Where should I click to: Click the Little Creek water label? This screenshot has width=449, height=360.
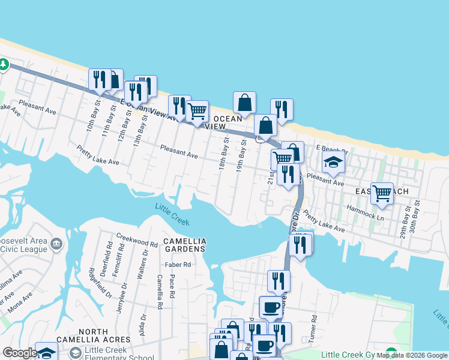(x=172, y=214)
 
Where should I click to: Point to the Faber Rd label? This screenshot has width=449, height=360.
(x=178, y=264)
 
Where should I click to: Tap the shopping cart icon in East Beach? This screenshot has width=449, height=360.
(x=382, y=193)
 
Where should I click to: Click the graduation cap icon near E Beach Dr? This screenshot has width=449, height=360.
(x=333, y=162)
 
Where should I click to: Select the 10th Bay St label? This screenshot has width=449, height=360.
(x=91, y=121)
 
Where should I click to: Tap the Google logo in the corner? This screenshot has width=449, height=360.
(x=19, y=353)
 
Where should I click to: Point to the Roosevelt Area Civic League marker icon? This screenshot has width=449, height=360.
(x=56, y=244)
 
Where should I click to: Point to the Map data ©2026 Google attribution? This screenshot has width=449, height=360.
(x=412, y=355)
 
